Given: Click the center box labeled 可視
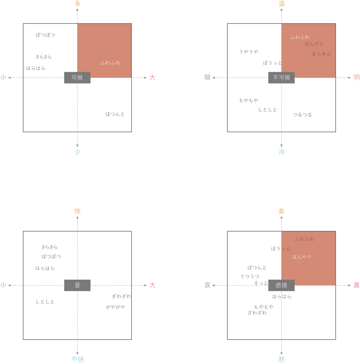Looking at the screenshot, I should click(x=77, y=78).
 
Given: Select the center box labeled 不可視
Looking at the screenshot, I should click(x=281, y=78).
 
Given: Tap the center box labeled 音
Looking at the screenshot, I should click(x=77, y=285).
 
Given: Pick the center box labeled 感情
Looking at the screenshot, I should click(x=281, y=285).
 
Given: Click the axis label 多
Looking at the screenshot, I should click(x=78, y=4).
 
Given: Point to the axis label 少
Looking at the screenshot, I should click(x=78, y=152).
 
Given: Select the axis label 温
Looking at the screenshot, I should click(x=281, y=4).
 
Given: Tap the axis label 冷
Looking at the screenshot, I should click(x=281, y=152).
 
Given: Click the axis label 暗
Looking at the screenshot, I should click(x=207, y=78).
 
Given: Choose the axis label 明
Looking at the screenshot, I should click(x=356, y=78).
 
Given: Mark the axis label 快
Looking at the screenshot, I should click(x=78, y=211).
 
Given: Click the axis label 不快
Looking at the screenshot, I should click(x=78, y=360).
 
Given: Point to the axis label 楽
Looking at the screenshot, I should click(x=281, y=211).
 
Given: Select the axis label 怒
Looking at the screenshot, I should click(x=281, y=360).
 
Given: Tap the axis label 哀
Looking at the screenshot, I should click(x=207, y=285).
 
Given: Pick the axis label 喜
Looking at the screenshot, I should click(x=356, y=285).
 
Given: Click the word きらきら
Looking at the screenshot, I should click(x=322, y=54).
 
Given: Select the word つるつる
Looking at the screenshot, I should click(x=302, y=115).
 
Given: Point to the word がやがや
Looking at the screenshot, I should click(x=115, y=307).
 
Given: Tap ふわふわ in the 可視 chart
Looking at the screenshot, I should click(x=110, y=63).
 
